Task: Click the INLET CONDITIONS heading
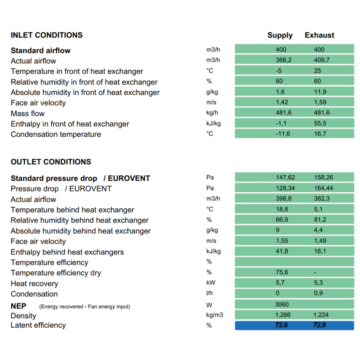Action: click(x=46, y=35)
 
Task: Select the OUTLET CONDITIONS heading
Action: click(x=51, y=162)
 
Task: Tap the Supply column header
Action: click(x=280, y=36)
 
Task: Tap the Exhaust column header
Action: click(x=319, y=35)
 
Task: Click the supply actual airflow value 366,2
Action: click(x=284, y=60)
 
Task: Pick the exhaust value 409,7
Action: click(x=321, y=60)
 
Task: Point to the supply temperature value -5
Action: click(x=279, y=71)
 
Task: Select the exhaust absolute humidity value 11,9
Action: click(x=320, y=92)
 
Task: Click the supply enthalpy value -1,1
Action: click(x=281, y=123)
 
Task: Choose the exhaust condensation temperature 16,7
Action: click(x=320, y=134)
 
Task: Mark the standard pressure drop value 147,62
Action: click(x=285, y=177)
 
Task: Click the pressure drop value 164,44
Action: click(x=324, y=188)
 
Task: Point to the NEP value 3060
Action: click(x=282, y=305)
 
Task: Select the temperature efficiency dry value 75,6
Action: click(x=282, y=272)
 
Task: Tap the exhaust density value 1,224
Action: click(x=321, y=315)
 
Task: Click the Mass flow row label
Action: click(x=28, y=113)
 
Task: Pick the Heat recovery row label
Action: click(x=35, y=284)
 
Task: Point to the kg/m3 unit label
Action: click(x=215, y=315)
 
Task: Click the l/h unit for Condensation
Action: click(x=210, y=293)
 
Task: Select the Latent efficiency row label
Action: click(x=38, y=325)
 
